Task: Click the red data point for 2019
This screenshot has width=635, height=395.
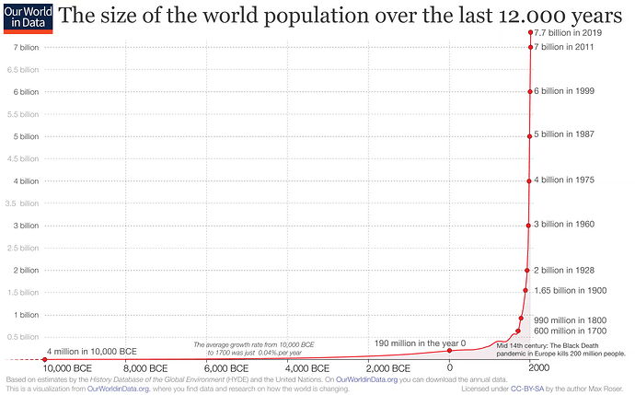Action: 531,33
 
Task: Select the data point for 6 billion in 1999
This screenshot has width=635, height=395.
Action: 530,91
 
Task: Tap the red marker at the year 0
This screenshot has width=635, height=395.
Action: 449,351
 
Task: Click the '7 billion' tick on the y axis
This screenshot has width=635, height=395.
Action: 24,47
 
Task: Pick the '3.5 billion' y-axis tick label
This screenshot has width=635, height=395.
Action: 22,203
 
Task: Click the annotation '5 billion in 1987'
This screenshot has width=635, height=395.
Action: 564,134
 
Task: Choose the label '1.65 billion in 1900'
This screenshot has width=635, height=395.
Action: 571,290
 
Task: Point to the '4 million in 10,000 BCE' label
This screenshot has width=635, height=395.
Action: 91,352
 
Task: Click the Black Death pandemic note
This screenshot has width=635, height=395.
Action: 560,349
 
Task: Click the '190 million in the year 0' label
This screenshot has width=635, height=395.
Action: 420,343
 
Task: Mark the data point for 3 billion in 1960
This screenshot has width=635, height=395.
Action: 528,225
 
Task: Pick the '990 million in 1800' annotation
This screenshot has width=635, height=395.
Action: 568,319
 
